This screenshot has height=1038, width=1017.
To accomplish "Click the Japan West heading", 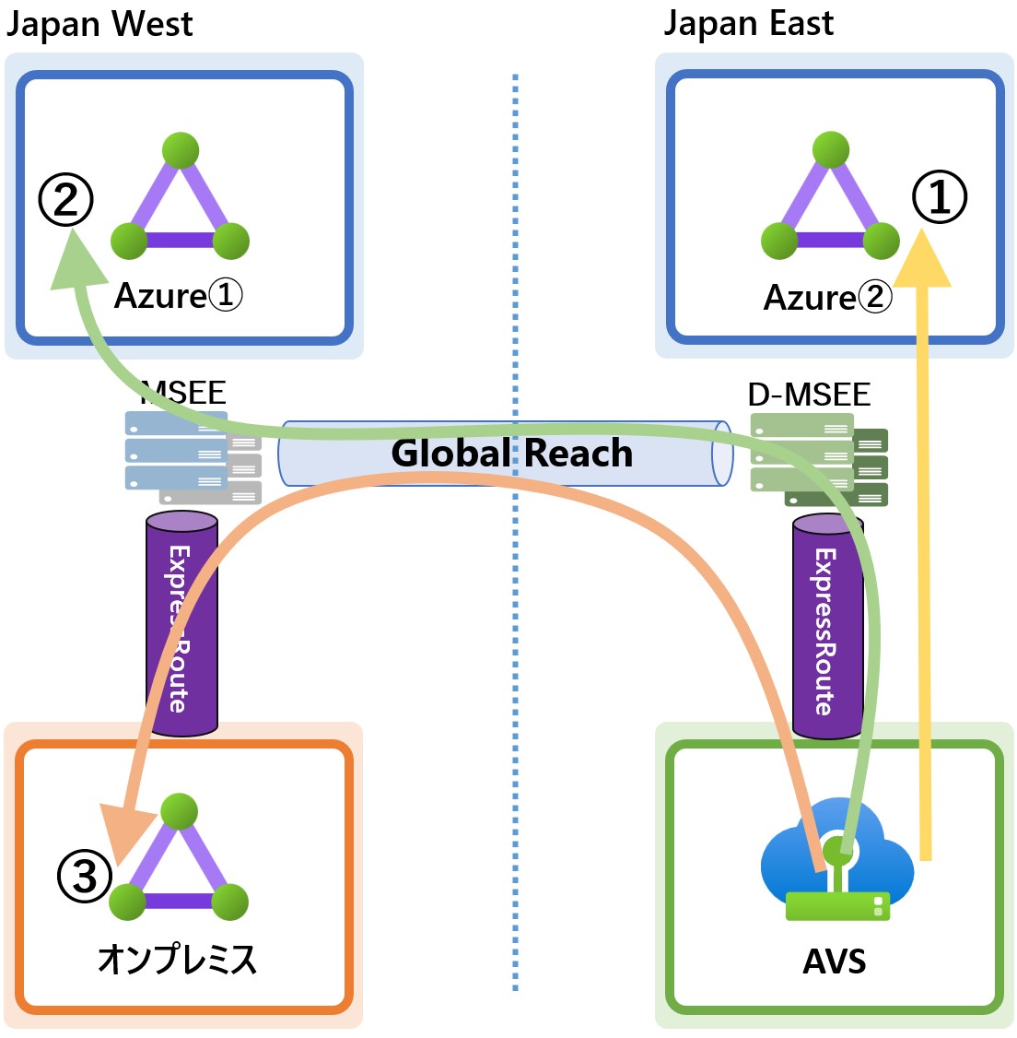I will pos(99,24).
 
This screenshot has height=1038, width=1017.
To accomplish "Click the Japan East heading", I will pos(748,24).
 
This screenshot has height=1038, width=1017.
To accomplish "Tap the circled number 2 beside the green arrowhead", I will pos(65,200).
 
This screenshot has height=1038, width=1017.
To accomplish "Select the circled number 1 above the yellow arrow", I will pos(939,197).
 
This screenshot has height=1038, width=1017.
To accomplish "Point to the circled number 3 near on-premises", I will pos(85,875).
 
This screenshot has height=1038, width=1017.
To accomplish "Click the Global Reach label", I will pos(512,454).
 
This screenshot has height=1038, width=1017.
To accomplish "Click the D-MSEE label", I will pos(809,395).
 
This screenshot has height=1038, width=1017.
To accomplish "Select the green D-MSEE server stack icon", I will pos(819,460).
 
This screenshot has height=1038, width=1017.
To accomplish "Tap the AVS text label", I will pos(835,961).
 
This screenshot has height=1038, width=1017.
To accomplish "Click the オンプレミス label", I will pos(178,960).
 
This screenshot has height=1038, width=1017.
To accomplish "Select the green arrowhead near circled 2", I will pos(73,262).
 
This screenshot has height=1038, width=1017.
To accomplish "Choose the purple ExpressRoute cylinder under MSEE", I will pos(181,625).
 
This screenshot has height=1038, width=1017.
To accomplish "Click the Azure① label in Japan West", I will pos(179,296).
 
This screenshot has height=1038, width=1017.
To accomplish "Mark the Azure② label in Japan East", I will pos(828,298).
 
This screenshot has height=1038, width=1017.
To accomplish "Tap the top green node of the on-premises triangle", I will pos(179,811).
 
